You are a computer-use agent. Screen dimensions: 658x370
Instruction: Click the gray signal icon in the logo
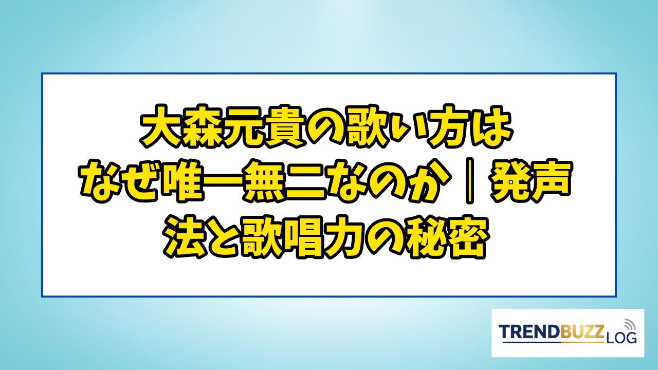[629, 325]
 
